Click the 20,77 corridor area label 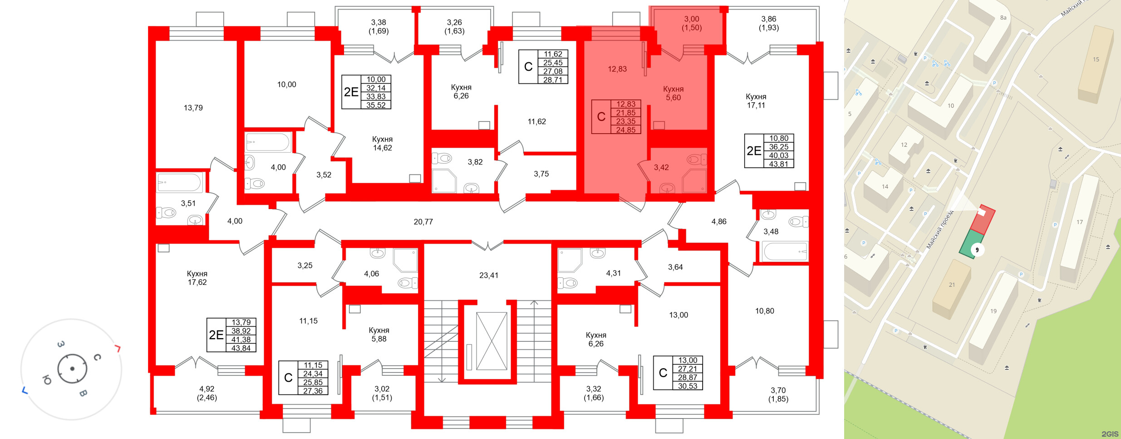(423, 222)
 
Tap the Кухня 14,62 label (382, 144)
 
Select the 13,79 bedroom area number (193, 108)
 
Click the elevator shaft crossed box (492, 341)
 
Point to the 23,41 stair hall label (488, 275)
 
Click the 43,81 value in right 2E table (778, 164)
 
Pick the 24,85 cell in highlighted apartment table (625, 130)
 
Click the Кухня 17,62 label (197, 278)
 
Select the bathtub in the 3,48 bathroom (785, 251)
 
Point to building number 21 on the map (952, 285)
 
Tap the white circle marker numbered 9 (977, 250)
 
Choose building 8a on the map (1003, 18)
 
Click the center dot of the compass (72, 369)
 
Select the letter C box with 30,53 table (663, 373)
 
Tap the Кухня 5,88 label (379, 334)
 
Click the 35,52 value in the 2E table (376, 105)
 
